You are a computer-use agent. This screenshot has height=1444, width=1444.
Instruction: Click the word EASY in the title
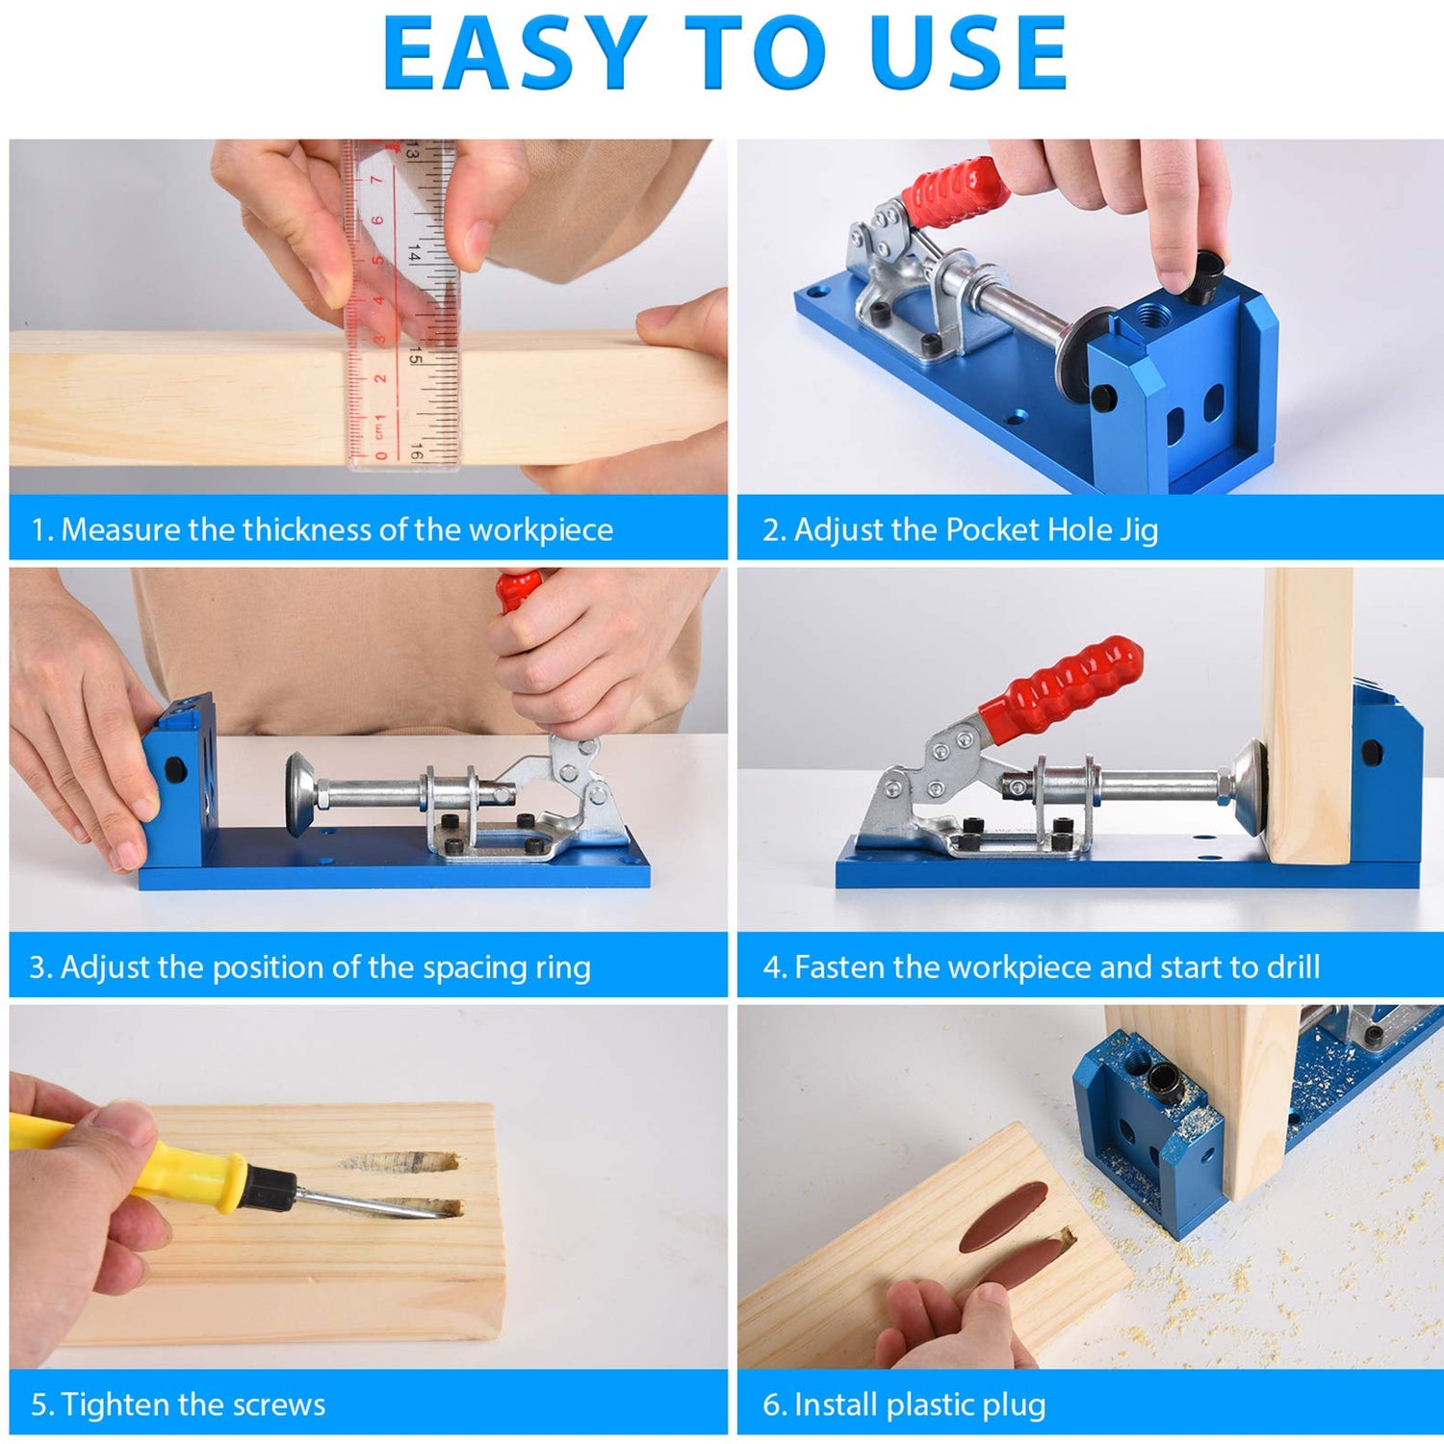514,54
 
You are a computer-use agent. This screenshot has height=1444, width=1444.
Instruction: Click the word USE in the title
967,54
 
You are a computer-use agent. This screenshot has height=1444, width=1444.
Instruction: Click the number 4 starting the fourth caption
771,967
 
